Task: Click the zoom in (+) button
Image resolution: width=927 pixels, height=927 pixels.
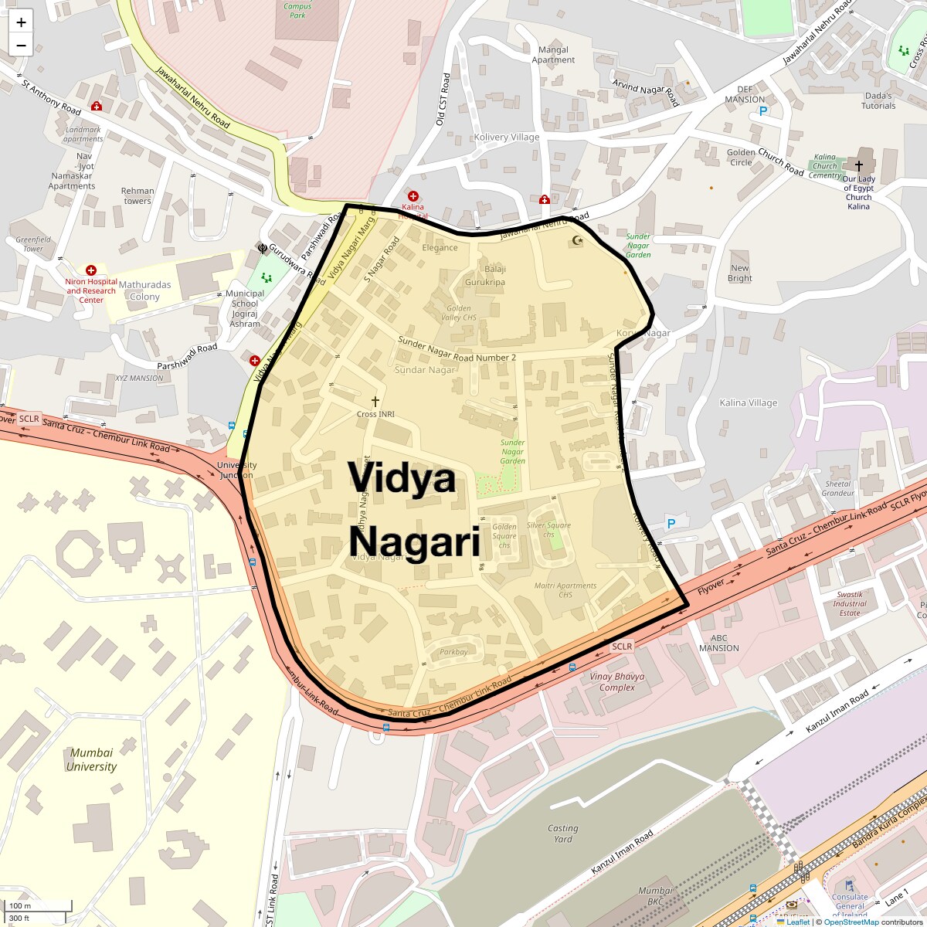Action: pos(21,22)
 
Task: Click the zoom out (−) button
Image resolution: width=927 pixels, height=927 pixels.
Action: pos(21,45)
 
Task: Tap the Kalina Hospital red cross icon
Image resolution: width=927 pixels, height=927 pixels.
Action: pos(413,197)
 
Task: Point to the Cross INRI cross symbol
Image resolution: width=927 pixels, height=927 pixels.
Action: pos(375,402)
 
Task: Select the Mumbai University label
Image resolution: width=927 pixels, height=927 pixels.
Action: pos(91,759)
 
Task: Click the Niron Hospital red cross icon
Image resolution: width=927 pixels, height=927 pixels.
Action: pos(91,270)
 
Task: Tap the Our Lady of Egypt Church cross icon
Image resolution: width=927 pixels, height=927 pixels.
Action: pos(858,166)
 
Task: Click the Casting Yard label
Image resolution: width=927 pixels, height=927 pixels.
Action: pos(562,834)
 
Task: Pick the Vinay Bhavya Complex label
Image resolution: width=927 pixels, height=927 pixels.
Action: pos(617,681)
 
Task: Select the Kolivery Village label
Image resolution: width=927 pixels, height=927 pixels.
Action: pos(507,137)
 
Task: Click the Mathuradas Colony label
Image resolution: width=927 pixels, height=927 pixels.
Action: pos(144,290)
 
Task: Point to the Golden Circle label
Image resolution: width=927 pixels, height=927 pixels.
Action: pos(741,157)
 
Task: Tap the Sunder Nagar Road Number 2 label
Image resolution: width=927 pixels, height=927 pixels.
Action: pos(457,348)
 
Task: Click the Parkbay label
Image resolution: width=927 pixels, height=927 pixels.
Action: pos(454,652)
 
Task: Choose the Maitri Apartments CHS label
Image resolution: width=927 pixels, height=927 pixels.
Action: pos(565,589)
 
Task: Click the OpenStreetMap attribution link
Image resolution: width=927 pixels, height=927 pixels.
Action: pos(851,922)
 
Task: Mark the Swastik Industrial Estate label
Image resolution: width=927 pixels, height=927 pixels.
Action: pos(850,603)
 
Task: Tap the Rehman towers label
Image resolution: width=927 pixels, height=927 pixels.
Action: pos(138,195)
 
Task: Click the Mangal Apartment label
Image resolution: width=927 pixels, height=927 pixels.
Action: pos(553,55)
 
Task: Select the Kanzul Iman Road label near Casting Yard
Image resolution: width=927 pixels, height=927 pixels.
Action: pos(623,852)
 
